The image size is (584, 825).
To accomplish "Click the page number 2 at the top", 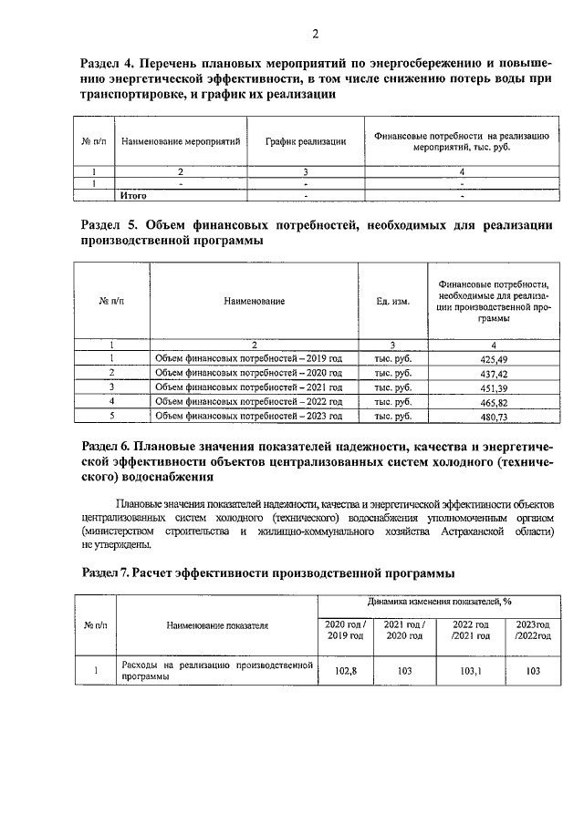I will [314, 36].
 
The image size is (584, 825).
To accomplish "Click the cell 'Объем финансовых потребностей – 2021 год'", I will [248, 387].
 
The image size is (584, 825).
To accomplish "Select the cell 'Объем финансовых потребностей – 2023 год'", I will [248, 416].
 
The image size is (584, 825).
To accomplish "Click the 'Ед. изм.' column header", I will [392, 301].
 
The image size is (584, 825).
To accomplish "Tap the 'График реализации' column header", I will [306, 142].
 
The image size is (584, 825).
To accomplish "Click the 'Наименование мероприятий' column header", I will [181, 142].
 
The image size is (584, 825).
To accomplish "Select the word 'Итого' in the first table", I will [134, 195].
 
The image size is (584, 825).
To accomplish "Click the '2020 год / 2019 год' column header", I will [345, 629].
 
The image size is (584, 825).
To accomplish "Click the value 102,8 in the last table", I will [345, 671].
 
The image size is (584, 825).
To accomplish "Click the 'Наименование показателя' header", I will [217, 626].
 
